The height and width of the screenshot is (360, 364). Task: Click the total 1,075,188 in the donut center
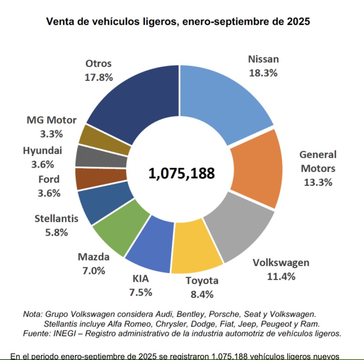point(181,173)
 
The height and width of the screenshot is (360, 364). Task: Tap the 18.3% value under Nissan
point(263,73)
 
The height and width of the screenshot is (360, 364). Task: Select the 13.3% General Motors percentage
point(318,182)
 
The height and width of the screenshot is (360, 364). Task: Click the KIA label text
point(140,279)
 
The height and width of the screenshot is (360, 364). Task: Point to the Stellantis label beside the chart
point(56,219)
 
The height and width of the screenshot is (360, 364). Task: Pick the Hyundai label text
point(43,150)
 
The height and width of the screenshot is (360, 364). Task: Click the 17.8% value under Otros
point(98,77)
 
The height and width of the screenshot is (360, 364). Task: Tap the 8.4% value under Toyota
point(202,294)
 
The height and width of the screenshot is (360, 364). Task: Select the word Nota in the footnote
point(31,314)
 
